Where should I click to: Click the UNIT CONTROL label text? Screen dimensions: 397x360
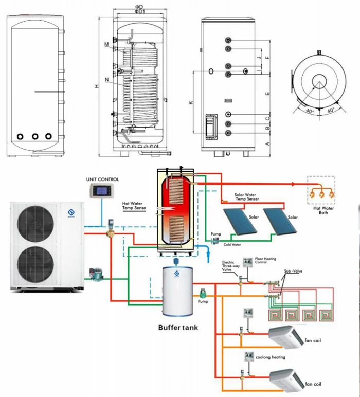coord(102,179)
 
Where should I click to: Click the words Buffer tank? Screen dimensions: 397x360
coord(178,327)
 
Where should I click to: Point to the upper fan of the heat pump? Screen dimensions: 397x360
coord(35,223)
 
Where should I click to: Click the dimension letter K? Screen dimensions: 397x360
coord(191,103)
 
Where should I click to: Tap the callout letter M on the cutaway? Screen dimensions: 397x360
coord(106,45)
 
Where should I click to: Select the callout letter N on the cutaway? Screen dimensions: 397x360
coord(106,80)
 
